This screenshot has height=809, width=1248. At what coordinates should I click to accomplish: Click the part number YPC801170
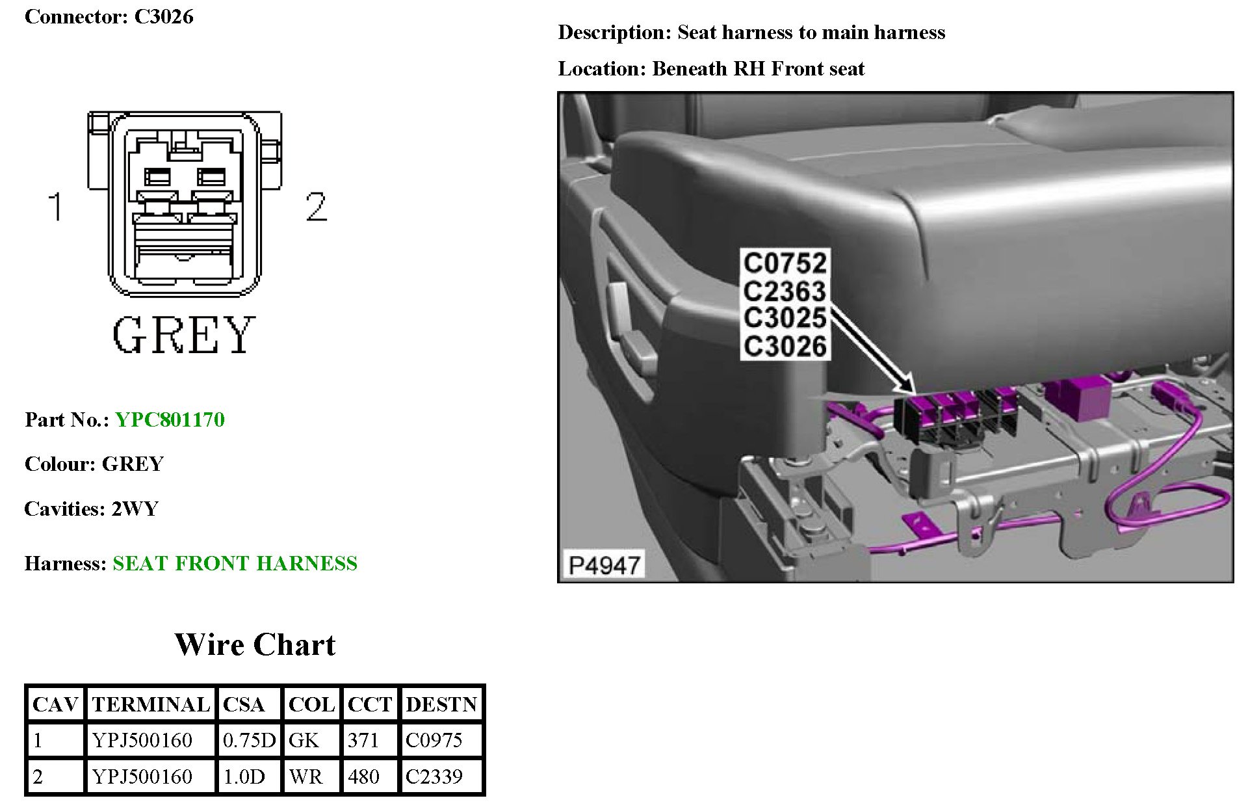[170, 419]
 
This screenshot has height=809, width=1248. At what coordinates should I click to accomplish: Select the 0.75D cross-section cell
[249, 740]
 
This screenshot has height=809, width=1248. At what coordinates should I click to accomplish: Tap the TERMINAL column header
[151, 704]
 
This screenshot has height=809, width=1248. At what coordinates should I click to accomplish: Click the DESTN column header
[441, 704]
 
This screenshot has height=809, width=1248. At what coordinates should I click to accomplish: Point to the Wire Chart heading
[255, 644]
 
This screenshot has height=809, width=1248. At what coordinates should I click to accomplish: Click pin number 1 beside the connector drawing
[56, 206]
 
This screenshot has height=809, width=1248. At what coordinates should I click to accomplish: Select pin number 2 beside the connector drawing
[316, 207]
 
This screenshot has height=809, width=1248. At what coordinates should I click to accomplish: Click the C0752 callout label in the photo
[785, 263]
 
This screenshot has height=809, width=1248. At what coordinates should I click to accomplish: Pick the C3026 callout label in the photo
[785, 347]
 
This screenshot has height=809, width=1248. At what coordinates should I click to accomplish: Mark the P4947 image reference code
[604, 565]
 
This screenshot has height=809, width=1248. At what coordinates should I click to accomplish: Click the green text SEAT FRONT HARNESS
[235, 563]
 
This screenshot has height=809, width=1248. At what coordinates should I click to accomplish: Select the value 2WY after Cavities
[135, 509]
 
